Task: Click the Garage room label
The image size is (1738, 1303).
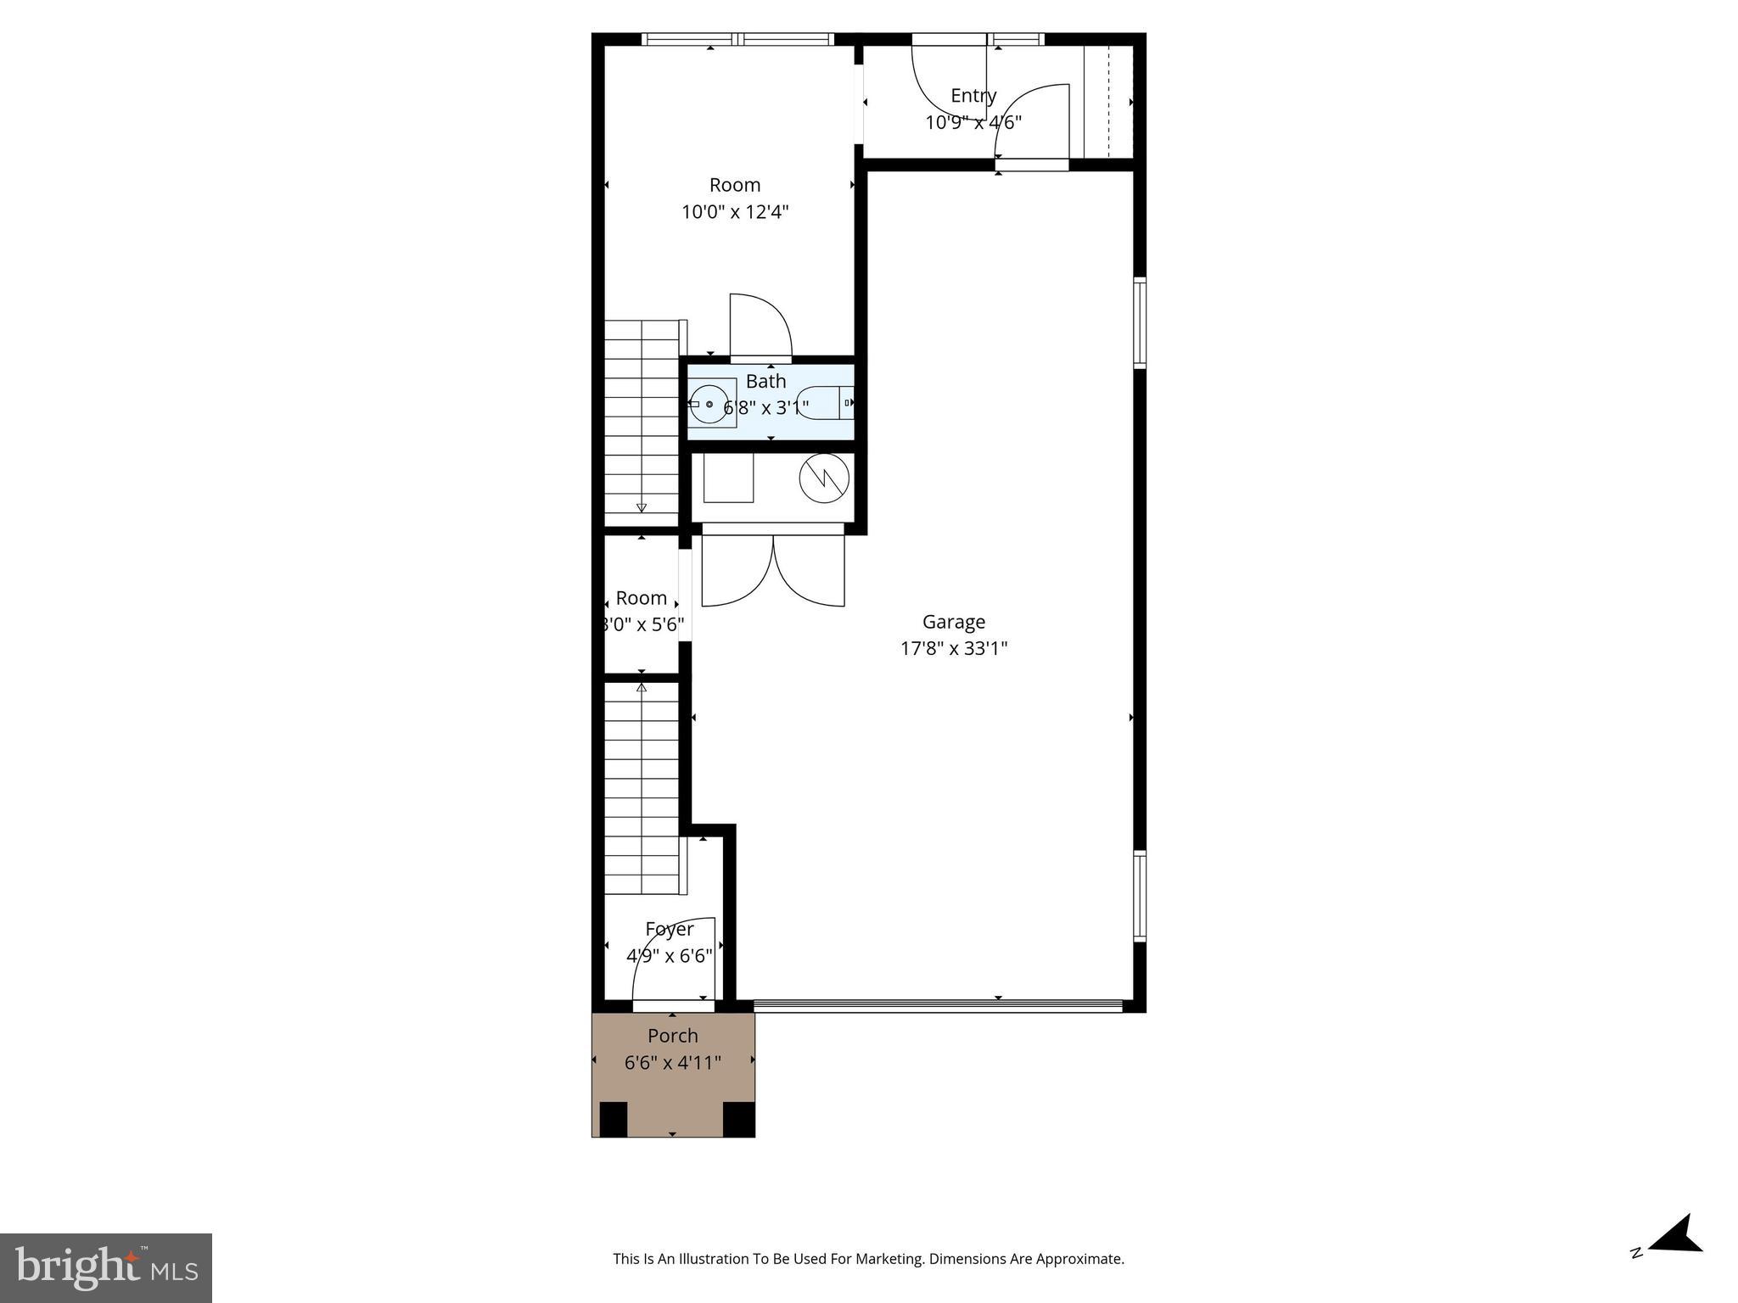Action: (x=953, y=622)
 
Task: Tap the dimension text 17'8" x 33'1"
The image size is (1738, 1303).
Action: (x=953, y=649)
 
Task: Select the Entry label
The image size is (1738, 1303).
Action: (x=973, y=95)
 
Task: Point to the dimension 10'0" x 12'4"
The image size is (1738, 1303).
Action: (x=735, y=212)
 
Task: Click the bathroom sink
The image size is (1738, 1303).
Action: (x=709, y=404)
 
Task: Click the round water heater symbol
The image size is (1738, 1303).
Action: (x=824, y=479)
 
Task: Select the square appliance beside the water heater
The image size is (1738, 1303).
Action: (x=728, y=478)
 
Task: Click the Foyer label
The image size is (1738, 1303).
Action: (x=669, y=929)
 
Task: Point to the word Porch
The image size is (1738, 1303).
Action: (x=672, y=1036)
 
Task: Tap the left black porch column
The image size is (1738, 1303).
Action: (x=613, y=1118)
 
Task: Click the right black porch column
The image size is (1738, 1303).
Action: (x=737, y=1118)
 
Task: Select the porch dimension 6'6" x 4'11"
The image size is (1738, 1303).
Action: (x=672, y=1063)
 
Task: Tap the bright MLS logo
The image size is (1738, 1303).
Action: (x=106, y=1268)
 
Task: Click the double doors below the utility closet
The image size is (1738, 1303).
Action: (x=773, y=567)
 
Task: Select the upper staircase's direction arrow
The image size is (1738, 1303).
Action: (x=641, y=507)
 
